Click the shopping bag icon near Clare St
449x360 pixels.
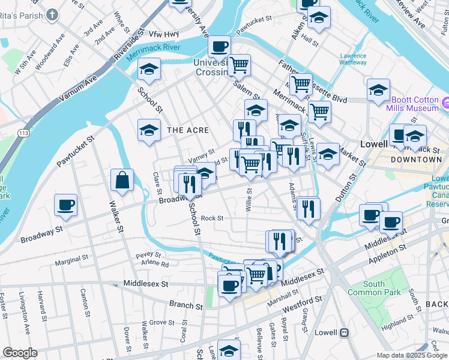pyautogui.click(x=122, y=181)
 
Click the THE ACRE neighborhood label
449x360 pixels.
pyautogui.click(x=188, y=130)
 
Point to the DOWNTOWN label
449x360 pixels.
pyautogui.click(x=416, y=160)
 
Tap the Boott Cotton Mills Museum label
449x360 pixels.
pyautogui.click(x=415, y=104)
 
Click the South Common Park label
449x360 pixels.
pyautogui.click(x=382, y=288)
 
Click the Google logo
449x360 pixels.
pyautogui.click(x=20, y=353)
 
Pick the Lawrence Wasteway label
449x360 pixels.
pyautogui.click(x=353, y=59)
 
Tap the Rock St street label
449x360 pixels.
pyautogui.click(x=212, y=218)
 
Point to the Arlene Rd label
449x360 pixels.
pyautogui.click(x=155, y=264)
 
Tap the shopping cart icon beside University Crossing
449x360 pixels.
pyautogui.click(x=240, y=65)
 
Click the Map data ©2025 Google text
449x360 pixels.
pyautogui.click(x=411, y=355)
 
